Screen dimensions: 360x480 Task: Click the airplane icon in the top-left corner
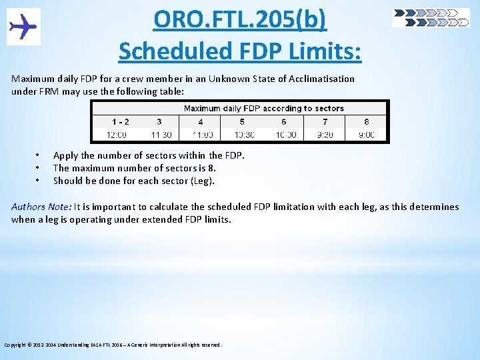coord(23,27)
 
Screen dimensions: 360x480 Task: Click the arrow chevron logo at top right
coord(431,18)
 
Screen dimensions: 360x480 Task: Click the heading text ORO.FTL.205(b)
coord(240,20)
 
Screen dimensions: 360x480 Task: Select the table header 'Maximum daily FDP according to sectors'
coord(263,108)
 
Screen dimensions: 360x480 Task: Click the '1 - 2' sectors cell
coord(121,122)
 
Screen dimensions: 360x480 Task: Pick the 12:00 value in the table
coord(117,135)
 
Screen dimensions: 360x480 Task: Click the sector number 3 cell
coord(159,122)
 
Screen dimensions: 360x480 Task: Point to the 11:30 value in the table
coord(161,135)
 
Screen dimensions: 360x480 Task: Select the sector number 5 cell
coord(242,122)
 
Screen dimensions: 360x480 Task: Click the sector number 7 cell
coord(325,122)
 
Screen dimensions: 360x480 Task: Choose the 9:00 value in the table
coord(366,135)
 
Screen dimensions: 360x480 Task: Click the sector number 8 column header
coord(367,122)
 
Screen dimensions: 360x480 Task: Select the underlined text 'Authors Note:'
coord(41,207)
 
